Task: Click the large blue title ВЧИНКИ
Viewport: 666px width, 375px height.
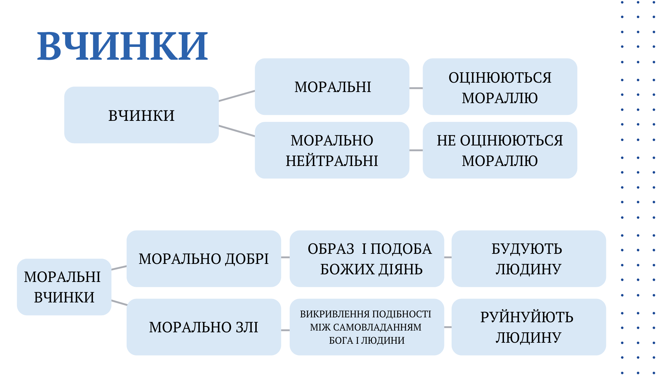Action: [122, 46]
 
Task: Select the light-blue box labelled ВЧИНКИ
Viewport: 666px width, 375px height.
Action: [142, 115]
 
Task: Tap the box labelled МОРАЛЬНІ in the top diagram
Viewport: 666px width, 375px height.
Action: [332, 86]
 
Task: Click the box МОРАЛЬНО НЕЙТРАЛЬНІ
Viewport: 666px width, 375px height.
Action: [332, 150]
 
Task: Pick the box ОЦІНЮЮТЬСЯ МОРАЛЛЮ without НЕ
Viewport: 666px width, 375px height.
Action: [500, 86]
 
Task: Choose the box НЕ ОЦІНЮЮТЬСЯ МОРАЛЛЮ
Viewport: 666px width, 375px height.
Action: [500, 150]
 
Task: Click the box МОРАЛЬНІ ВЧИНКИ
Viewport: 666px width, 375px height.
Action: [64, 287]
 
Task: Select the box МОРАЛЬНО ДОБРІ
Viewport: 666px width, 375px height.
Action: [204, 258]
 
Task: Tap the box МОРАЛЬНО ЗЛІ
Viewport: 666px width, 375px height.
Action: [204, 327]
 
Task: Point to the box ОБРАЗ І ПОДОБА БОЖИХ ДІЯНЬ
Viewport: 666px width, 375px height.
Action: [367, 258]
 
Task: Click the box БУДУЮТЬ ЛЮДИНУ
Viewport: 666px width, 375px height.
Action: [529, 258]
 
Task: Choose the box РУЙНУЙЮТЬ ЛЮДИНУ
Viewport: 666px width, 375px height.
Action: [529, 327]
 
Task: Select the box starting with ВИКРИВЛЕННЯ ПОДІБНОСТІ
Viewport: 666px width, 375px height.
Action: [367, 327]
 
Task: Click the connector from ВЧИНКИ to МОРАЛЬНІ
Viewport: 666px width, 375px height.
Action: [237, 96]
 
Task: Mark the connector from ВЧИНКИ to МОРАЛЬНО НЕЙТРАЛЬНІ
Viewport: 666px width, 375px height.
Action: [237, 131]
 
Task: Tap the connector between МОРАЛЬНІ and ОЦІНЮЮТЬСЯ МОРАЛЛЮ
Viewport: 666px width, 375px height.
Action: [416, 88]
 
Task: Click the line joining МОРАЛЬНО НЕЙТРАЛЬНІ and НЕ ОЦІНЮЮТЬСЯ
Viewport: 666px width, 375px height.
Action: [416, 150]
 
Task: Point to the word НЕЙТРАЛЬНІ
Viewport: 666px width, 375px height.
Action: [332, 161]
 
